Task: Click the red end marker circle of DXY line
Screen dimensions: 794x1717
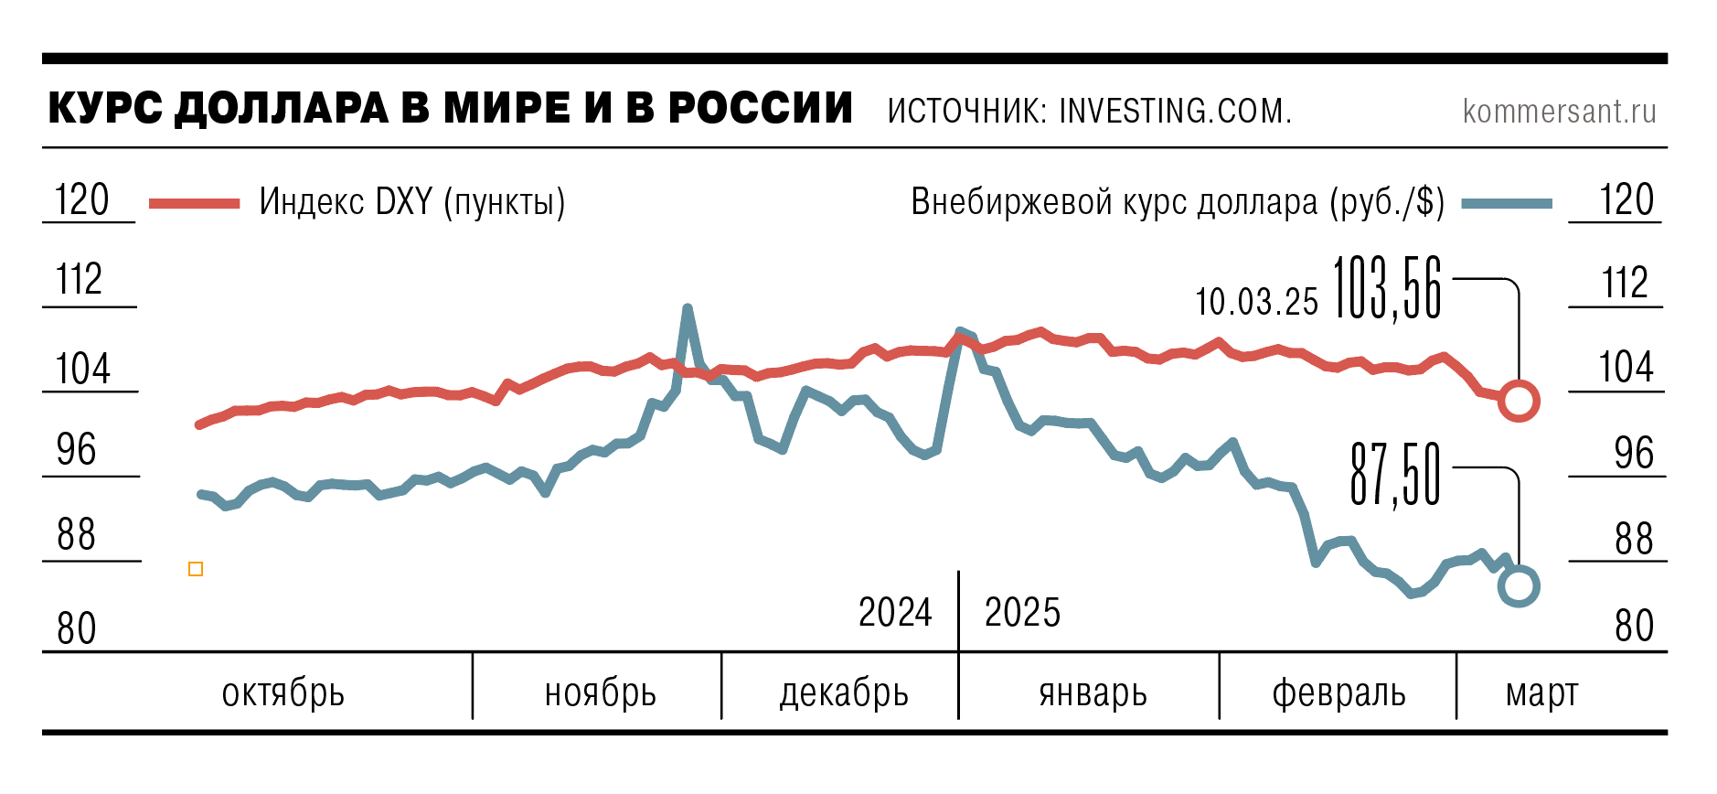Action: [x=1518, y=401]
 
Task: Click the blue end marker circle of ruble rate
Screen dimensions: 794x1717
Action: [x=1518, y=586]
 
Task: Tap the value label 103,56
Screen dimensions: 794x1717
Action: [x=1387, y=289]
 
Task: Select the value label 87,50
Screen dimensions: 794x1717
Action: [x=1395, y=475]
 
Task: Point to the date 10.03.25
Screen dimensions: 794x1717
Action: [x=1256, y=302]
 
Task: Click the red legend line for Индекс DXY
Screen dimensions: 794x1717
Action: [x=194, y=203]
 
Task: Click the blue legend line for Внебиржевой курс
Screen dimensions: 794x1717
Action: [x=1506, y=203]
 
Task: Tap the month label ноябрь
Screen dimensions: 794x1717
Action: [x=600, y=693]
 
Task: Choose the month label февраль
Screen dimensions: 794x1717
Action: [x=1338, y=693]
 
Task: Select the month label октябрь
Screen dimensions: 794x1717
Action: [x=283, y=693]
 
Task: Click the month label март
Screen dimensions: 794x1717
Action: [x=1541, y=693]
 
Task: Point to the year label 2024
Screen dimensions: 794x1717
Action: [x=894, y=612]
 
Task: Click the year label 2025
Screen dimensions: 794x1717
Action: [x=1022, y=612]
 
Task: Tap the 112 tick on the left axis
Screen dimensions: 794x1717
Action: [x=80, y=279]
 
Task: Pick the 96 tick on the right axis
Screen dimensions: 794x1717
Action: [x=1633, y=453]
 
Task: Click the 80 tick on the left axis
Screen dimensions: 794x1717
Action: [x=77, y=628]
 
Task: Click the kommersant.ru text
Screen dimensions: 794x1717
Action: [x=1559, y=111]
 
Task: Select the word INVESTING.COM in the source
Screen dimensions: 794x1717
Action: [x=1174, y=111]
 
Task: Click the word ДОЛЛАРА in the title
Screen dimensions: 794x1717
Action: [x=282, y=108]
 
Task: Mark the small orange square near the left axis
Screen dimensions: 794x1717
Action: [x=196, y=569]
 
